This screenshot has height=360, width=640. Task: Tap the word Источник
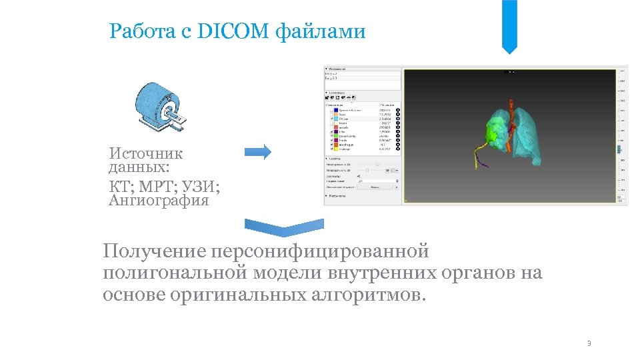[146, 153]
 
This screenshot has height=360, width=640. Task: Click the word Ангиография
[159, 200]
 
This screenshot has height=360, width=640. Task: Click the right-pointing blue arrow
[258, 152]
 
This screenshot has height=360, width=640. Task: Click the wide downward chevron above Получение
[284, 227]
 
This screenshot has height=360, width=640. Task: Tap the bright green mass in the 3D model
[494, 134]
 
